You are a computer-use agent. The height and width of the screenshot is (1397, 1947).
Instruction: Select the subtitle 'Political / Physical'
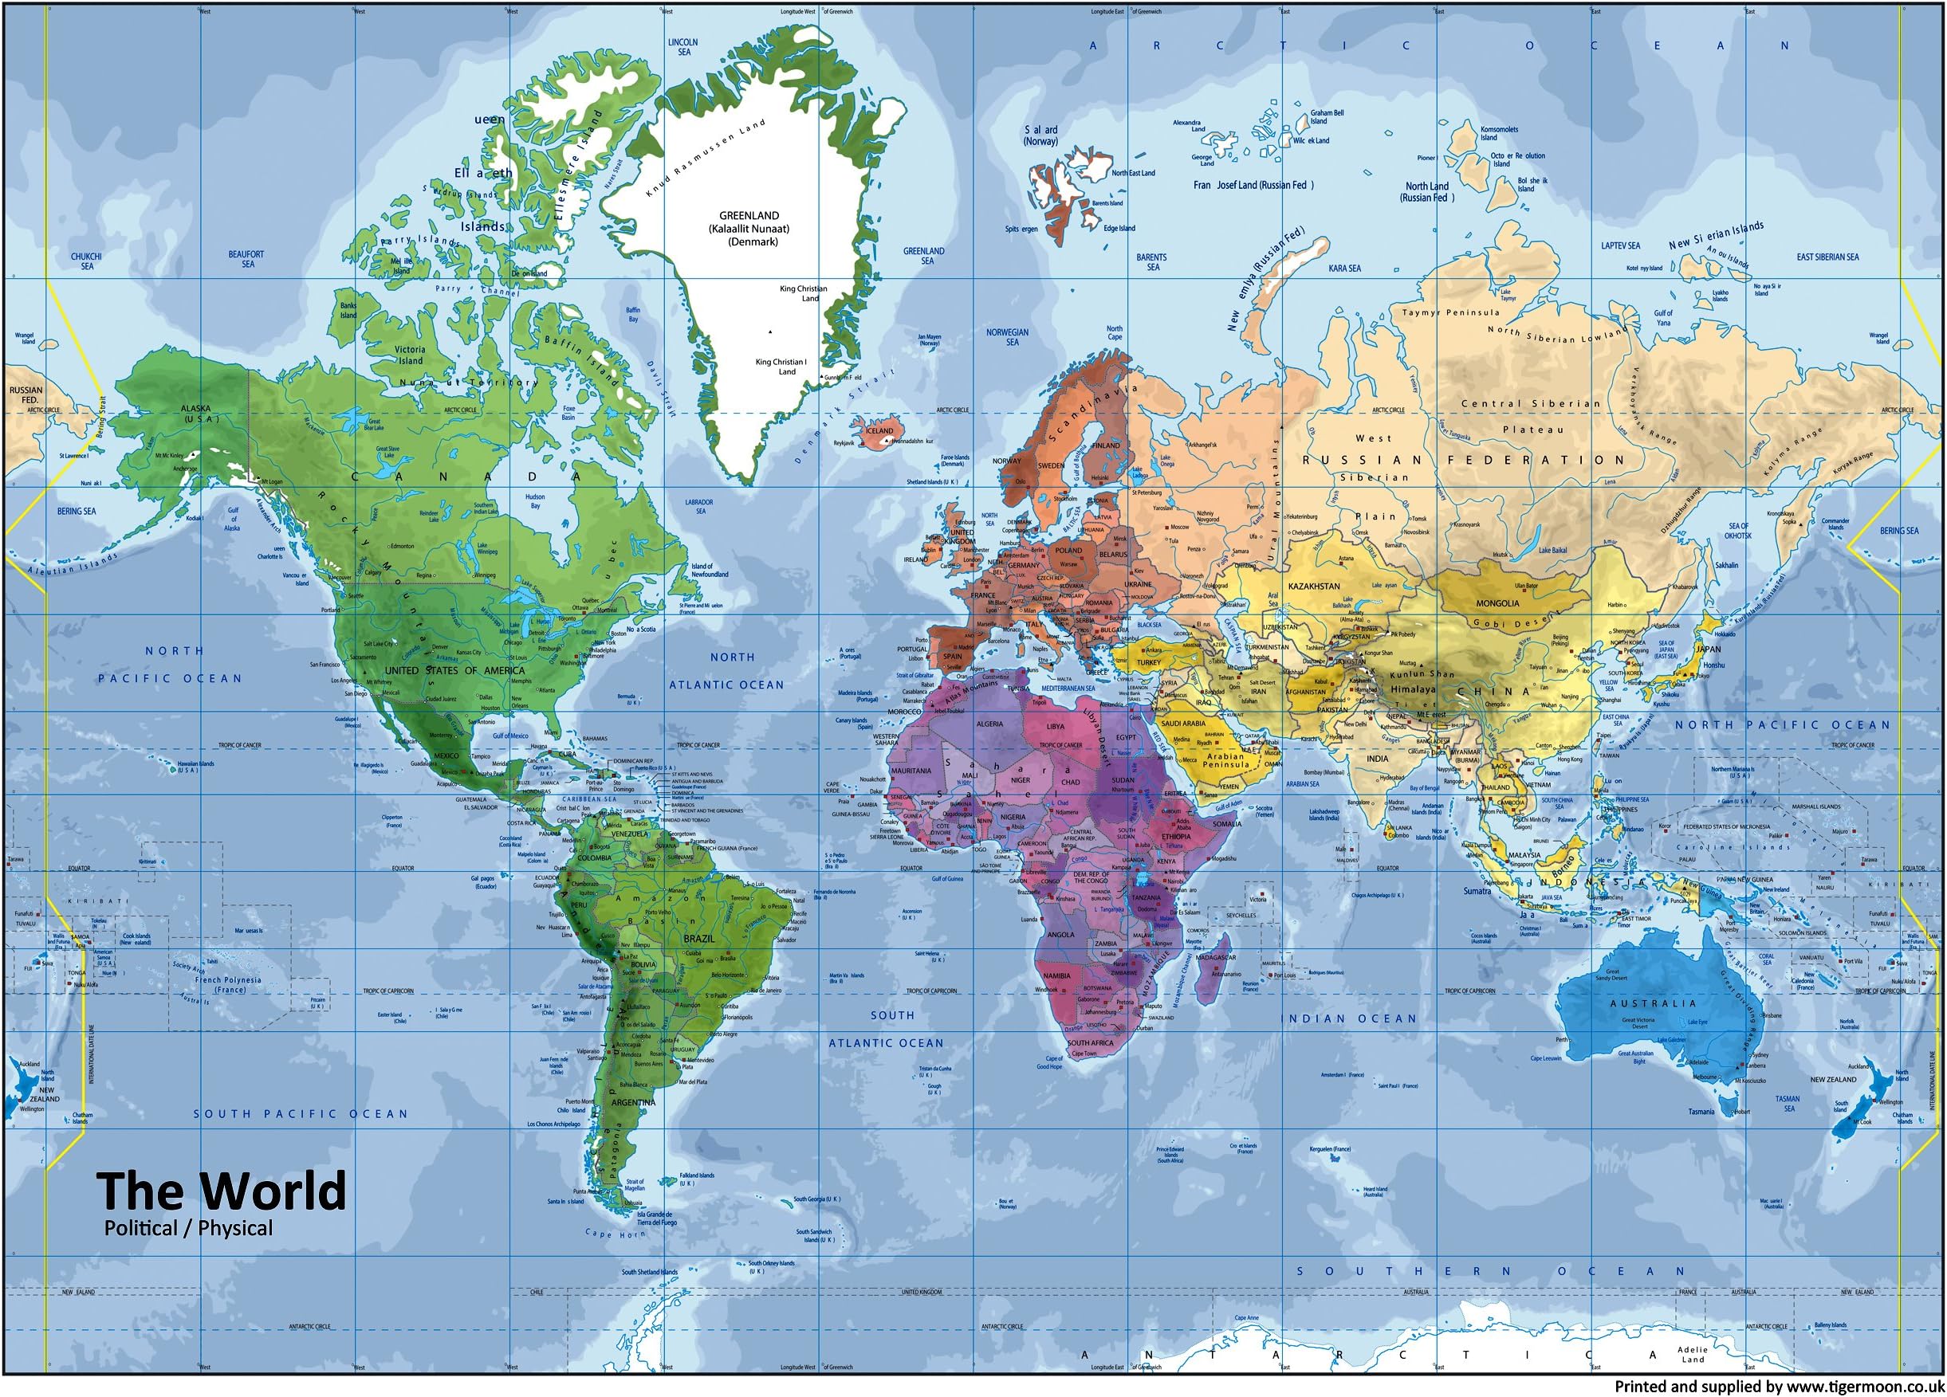click(x=188, y=1228)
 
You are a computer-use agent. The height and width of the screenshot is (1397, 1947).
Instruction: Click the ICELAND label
click(x=879, y=431)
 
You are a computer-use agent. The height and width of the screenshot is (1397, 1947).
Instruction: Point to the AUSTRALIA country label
click(x=1653, y=1003)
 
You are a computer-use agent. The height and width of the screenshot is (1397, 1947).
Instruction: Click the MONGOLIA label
click(x=1497, y=603)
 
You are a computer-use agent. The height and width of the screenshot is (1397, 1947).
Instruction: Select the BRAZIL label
click(x=698, y=939)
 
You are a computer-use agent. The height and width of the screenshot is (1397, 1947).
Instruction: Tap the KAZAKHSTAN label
click(x=1313, y=586)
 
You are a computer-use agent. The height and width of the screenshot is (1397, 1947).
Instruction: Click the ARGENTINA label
click(x=634, y=1103)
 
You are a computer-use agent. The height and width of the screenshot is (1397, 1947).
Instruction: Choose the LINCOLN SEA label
click(x=683, y=46)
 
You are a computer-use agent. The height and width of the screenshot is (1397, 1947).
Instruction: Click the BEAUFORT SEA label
click(x=246, y=259)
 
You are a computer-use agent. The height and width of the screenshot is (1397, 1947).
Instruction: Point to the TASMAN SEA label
click(x=1788, y=1104)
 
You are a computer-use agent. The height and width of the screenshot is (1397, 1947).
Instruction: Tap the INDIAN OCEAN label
click(x=1349, y=1018)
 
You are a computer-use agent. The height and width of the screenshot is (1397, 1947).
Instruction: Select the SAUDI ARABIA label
click(x=1183, y=724)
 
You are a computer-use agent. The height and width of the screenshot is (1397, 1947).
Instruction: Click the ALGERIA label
click(x=989, y=724)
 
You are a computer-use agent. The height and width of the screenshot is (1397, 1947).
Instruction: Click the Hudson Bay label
click(x=535, y=501)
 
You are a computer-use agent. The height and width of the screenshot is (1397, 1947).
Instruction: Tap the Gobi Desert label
click(x=1509, y=624)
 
